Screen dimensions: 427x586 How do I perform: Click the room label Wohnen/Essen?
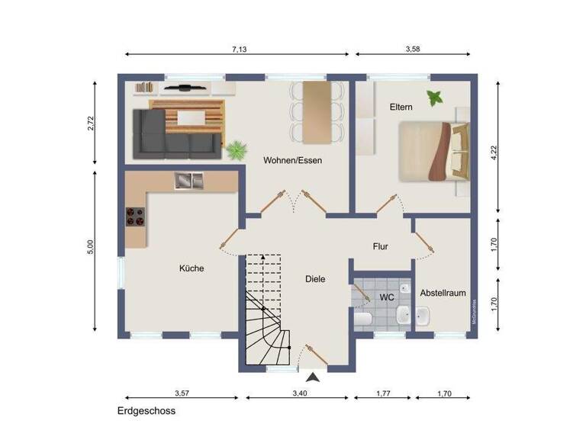pos(293,160)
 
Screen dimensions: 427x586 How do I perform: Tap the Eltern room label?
pos(401,108)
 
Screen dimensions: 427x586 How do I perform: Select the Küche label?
pos(192,268)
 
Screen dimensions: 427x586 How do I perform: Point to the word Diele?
pos(314,279)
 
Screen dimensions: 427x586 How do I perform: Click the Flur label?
pos(381,246)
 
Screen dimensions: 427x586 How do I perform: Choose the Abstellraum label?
pos(442,293)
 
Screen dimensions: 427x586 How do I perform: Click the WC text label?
pos(386,297)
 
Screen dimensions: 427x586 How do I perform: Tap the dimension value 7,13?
pos(239,49)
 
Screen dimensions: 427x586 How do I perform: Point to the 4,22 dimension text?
pos(494,152)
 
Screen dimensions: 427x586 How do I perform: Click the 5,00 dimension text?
pos(90,246)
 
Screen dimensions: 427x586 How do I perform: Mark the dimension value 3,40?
pos(300,393)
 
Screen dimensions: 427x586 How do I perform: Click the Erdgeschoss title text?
pos(146,411)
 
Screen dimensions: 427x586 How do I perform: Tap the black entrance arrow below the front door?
pos(313,376)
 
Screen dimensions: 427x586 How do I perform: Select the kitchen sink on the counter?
pos(188,181)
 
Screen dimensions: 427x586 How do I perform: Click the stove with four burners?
pos(135,217)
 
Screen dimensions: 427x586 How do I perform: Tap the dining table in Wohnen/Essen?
pos(317,111)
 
